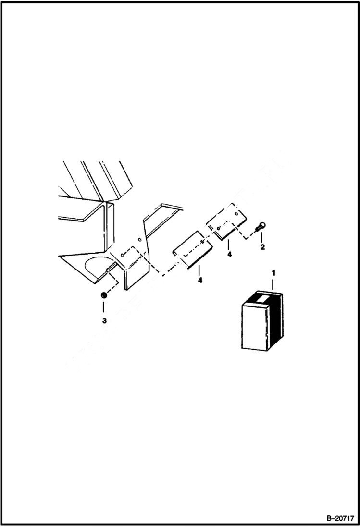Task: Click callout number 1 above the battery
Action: (274, 273)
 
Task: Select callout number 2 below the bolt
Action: (262, 248)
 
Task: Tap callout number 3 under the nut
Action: (104, 320)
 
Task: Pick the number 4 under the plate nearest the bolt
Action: (229, 255)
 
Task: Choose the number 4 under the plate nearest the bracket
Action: (199, 279)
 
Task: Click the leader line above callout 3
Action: (104, 307)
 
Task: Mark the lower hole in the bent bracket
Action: (123, 256)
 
